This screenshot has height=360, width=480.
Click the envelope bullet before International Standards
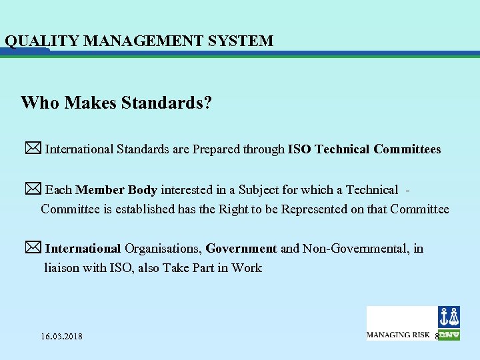[x=33, y=148]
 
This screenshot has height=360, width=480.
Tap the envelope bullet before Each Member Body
[x=33, y=189]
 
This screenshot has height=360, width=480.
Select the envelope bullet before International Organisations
[x=33, y=248]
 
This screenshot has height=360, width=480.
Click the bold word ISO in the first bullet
[x=299, y=149]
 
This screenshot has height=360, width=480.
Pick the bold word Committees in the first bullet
[x=407, y=149]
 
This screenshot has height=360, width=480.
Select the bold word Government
[x=241, y=249]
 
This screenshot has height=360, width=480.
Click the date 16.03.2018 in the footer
[x=61, y=336]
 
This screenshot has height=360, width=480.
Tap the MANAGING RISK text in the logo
[x=398, y=334]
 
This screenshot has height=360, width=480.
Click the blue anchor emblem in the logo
[x=449, y=316]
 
